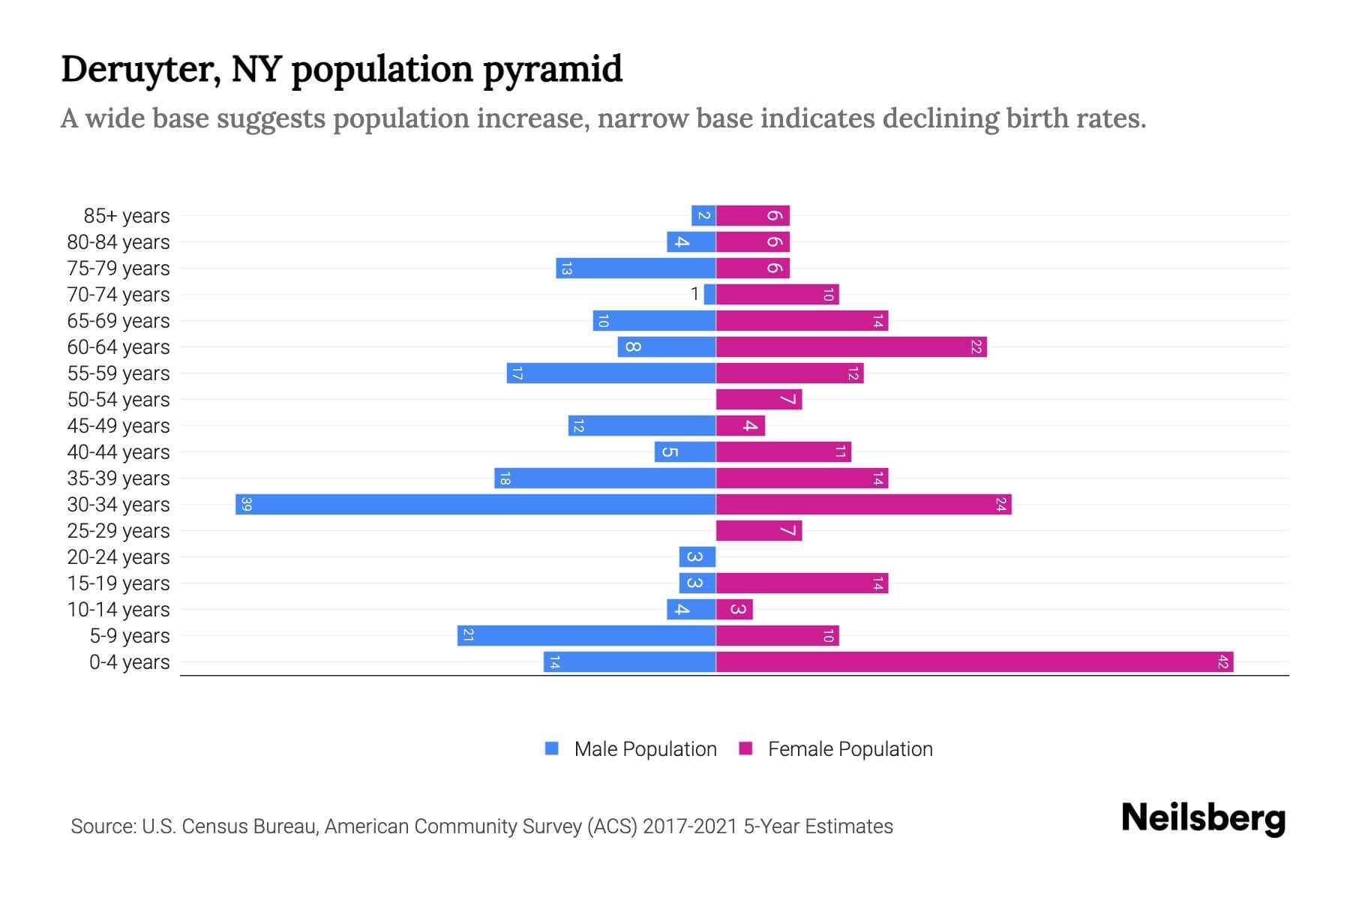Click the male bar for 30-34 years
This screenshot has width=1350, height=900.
pyautogui.click(x=475, y=504)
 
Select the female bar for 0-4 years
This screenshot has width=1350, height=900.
pyautogui.click(x=974, y=661)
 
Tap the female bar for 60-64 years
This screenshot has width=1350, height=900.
pyautogui.click(x=851, y=346)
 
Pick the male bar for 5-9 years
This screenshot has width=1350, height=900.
pyautogui.click(x=586, y=635)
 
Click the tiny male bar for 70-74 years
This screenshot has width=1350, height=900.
pyautogui.click(x=709, y=294)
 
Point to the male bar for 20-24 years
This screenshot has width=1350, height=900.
pyautogui.click(x=697, y=556)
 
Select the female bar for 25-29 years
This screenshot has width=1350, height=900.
pyautogui.click(x=759, y=530)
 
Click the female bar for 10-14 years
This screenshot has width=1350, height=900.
pyautogui.click(x=734, y=609)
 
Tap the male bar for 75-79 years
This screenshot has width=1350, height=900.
pyautogui.click(x=636, y=268)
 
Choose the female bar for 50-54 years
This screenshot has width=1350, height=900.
pyautogui.click(x=759, y=399)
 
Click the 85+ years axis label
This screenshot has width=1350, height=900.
pyautogui.click(x=127, y=216)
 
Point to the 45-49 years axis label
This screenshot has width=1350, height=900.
pyautogui.click(x=118, y=426)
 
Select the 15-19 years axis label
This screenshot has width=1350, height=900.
pyautogui.click(x=118, y=583)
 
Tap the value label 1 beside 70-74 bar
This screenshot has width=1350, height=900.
pyautogui.click(x=695, y=294)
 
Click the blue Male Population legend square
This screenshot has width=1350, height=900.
pyautogui.click(x=552, y=748)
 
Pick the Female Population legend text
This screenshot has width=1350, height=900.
pyautogui.click(x=850, y=748)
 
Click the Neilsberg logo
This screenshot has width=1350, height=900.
pyautogui.click(x=1203, y=818)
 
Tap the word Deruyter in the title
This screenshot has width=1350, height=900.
pyautogui.click(x=140, y=70)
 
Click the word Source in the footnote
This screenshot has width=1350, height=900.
pyautogui.click(x=103, y=826)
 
